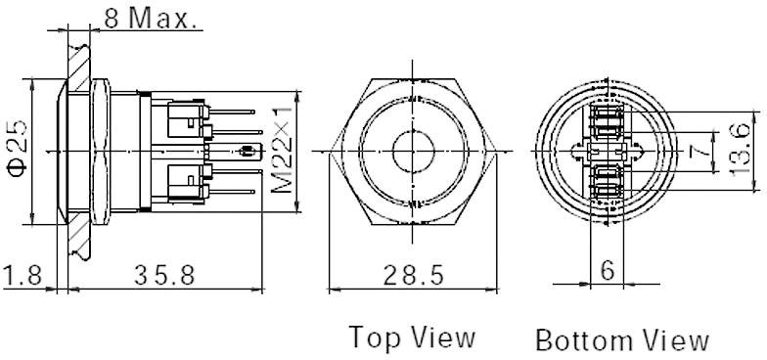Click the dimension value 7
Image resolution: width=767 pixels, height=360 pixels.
(698, 152)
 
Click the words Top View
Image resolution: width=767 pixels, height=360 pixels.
(414, 337)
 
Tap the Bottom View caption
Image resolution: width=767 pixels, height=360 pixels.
(621, 339)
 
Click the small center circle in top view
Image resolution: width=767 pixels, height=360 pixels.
(411, 152)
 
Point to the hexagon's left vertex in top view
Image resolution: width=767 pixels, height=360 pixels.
(332, 152)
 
